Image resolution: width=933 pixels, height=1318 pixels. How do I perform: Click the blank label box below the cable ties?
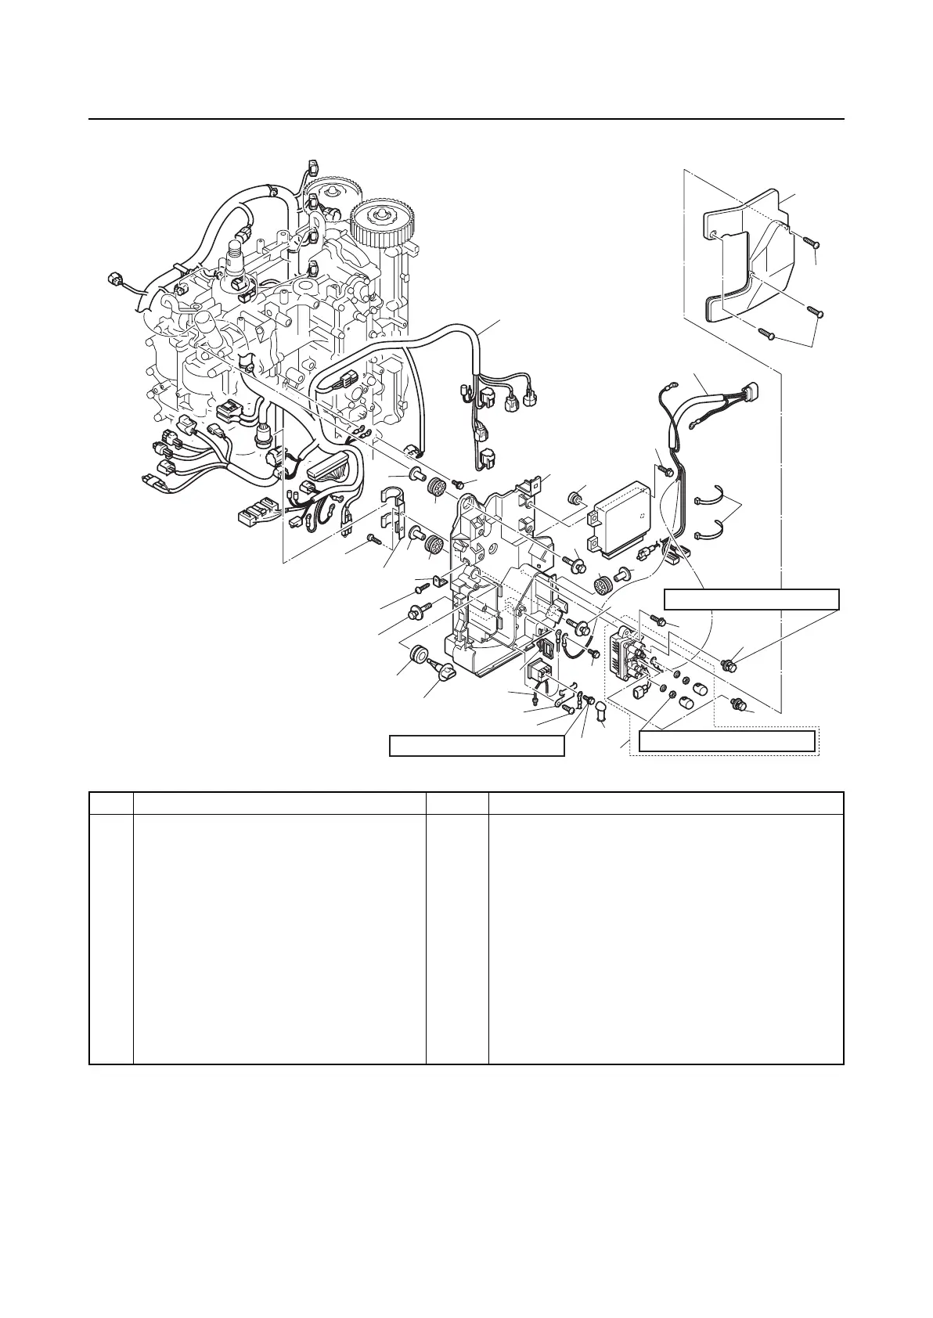[x=751, y=599]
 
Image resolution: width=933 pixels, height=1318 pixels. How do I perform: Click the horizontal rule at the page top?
[x=467, y=120]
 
